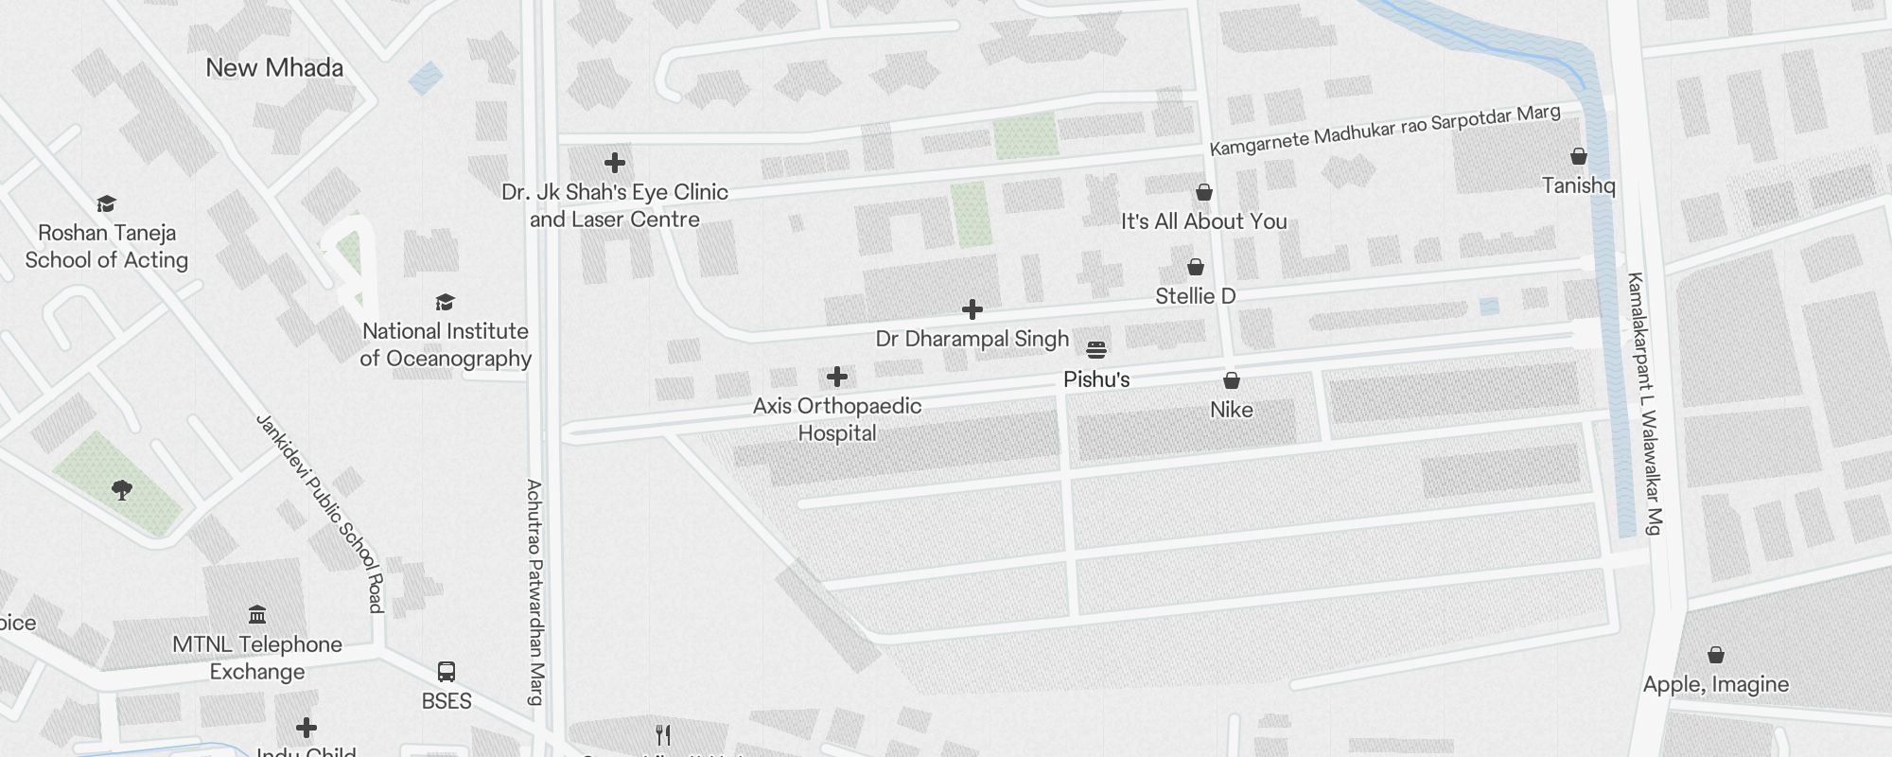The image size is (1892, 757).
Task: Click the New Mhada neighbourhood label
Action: [274, 68]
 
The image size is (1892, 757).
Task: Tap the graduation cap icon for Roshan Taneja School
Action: [106, 204]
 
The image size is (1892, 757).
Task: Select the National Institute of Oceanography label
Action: [446, 344]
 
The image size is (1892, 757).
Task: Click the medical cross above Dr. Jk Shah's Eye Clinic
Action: [615, 164]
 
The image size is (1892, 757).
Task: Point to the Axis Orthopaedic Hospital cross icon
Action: [837, 378]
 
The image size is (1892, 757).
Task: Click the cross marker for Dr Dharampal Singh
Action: [972, 309]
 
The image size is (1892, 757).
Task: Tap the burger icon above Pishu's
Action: [1096, 350]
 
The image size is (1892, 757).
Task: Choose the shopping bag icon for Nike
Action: [1232, 380]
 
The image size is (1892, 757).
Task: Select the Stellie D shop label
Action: [1196, 296]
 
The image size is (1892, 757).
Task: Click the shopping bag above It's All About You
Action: [1204, 193]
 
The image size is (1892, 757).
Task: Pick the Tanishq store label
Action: [1579, 185]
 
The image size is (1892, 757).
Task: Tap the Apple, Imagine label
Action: [1716, 684]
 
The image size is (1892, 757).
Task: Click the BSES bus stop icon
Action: [447, 672]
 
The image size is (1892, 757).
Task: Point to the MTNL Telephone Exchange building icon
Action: [257, 615]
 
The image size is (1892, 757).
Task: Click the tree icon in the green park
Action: [122, 489]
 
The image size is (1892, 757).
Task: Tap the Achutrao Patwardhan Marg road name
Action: [535, 592]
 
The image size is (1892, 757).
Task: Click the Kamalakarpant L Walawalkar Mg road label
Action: [1644, 403]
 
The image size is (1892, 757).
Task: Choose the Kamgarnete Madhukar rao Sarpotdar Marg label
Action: [1385, 131]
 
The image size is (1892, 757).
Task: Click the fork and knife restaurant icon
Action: [664, 735]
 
